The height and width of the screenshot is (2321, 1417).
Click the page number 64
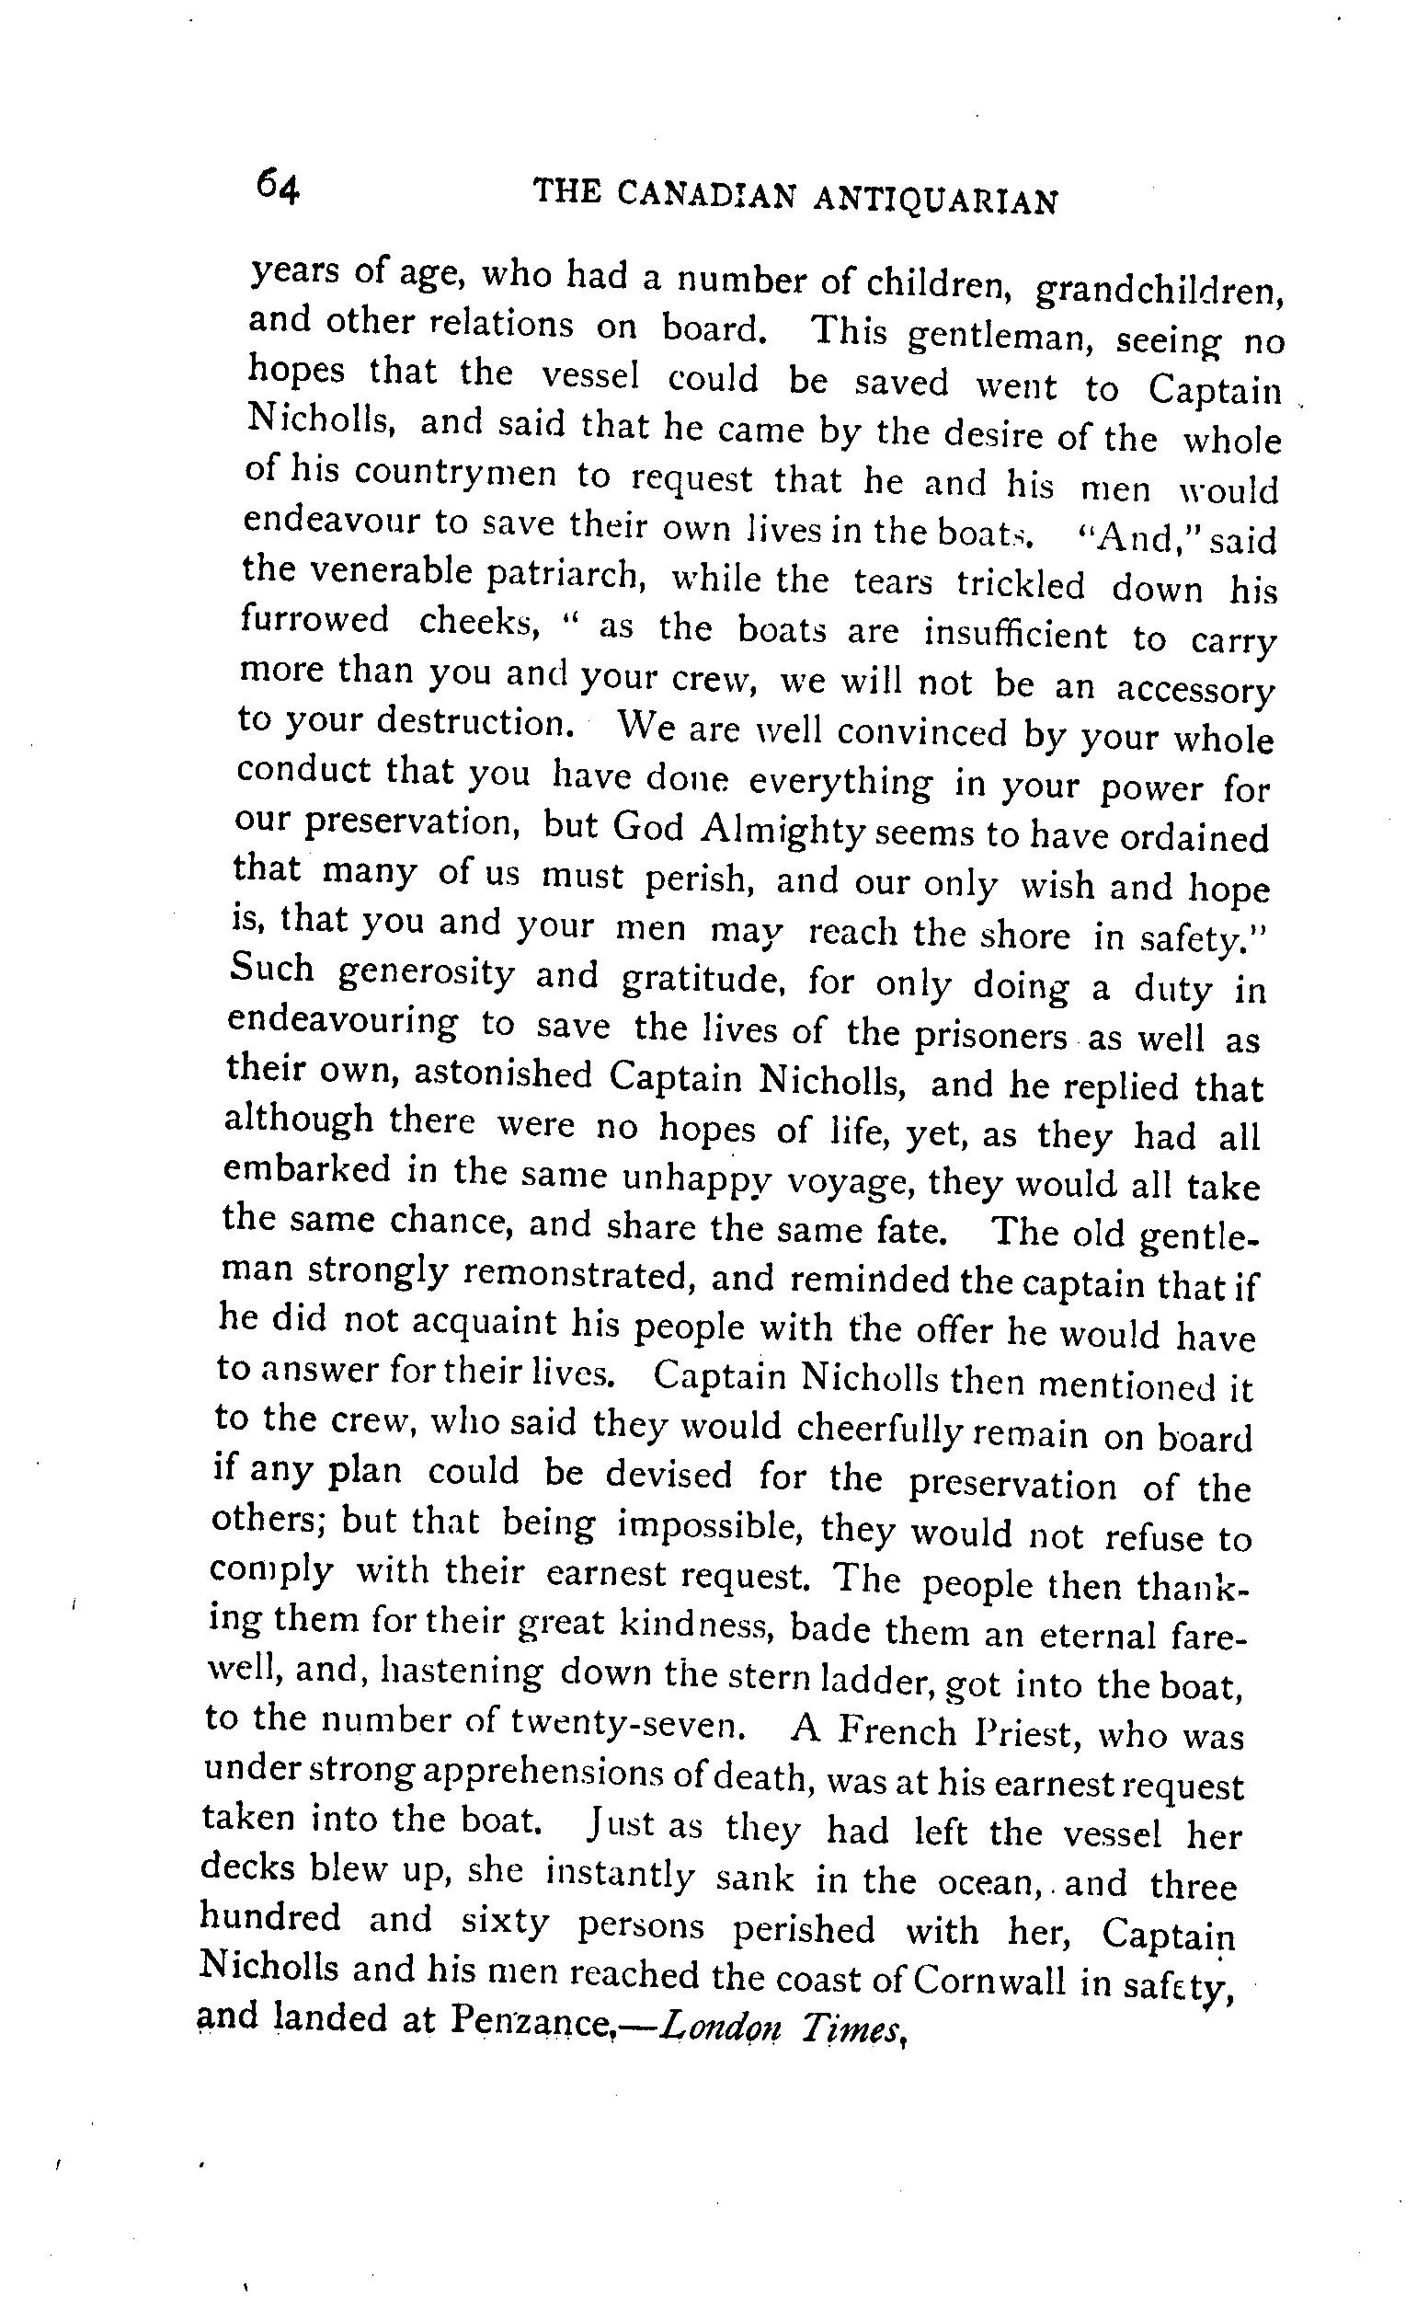click(x=277, y=186)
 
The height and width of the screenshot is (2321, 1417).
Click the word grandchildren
click(x=1160, y=289)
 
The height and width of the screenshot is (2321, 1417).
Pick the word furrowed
click(x=314, y=620)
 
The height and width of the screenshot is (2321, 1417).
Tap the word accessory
click(x=1194, y=690)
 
